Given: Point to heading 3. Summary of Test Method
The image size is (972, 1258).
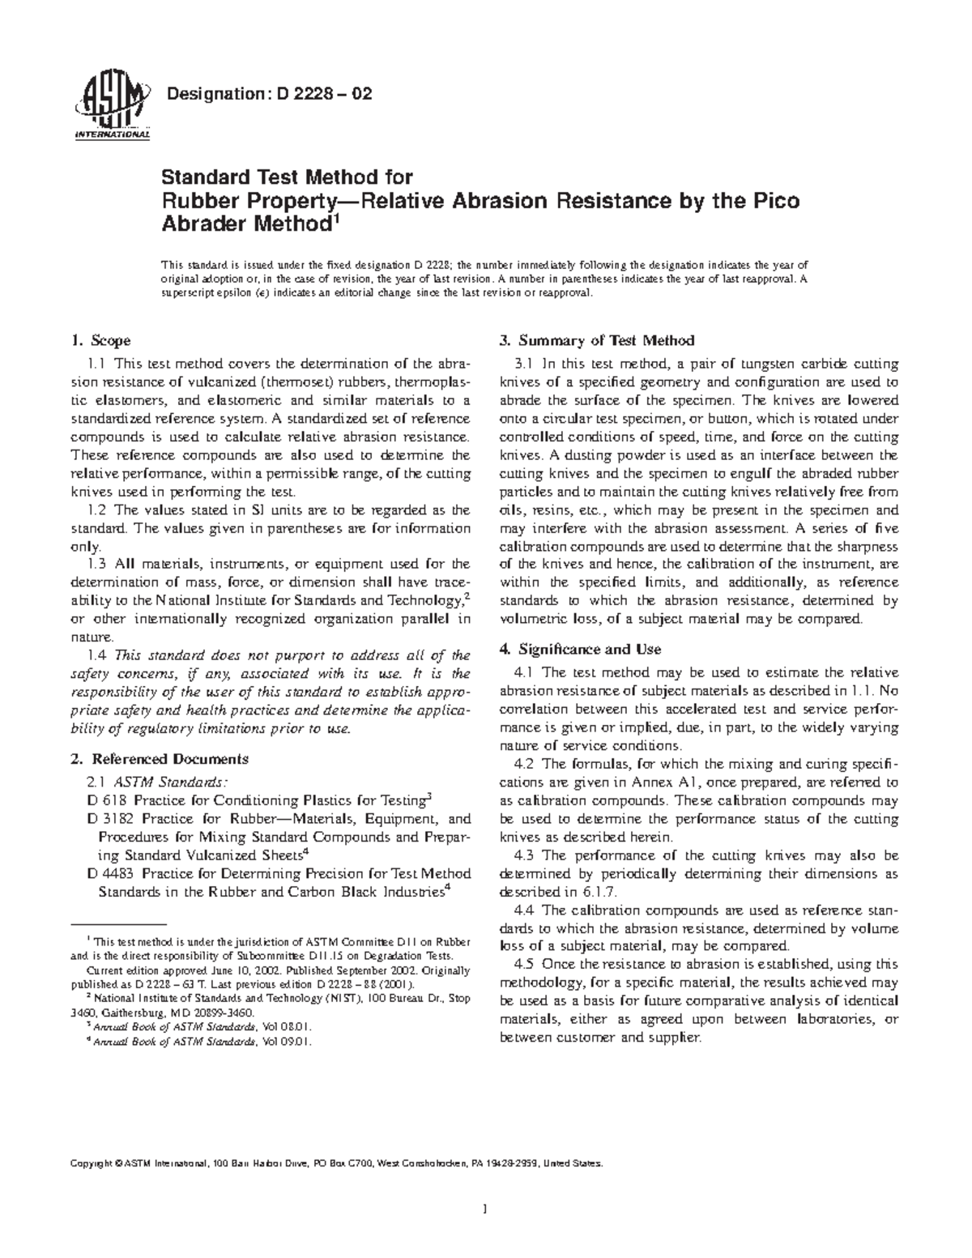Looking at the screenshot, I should pos(597,340).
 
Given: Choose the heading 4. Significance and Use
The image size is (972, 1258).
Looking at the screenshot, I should pos(581,649).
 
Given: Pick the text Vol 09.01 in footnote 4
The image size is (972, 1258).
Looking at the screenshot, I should pos(284,1042).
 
